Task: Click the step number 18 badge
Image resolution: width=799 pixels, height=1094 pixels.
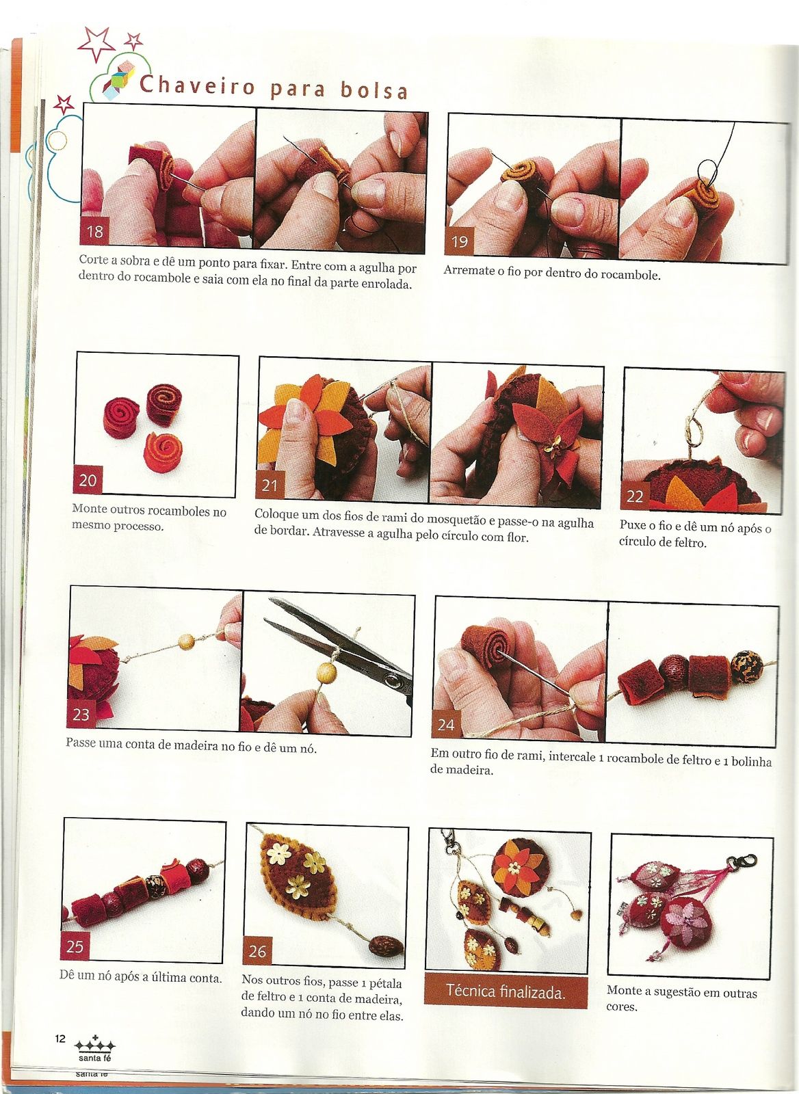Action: [x=94, y=231]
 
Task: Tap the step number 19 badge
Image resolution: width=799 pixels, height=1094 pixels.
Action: [x=459, y=241]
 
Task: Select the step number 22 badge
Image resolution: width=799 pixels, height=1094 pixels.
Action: [x=635, y=497]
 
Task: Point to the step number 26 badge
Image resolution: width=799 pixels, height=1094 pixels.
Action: [x=257, y=951]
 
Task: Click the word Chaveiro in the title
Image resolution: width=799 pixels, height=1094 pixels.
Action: [x=198, y=85]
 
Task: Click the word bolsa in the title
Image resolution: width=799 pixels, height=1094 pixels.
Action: [x=374, y=90]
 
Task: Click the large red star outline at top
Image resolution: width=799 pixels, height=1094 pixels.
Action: [x=96, y=44]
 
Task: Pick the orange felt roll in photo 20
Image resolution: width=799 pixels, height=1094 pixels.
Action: [x=163, y=452]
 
